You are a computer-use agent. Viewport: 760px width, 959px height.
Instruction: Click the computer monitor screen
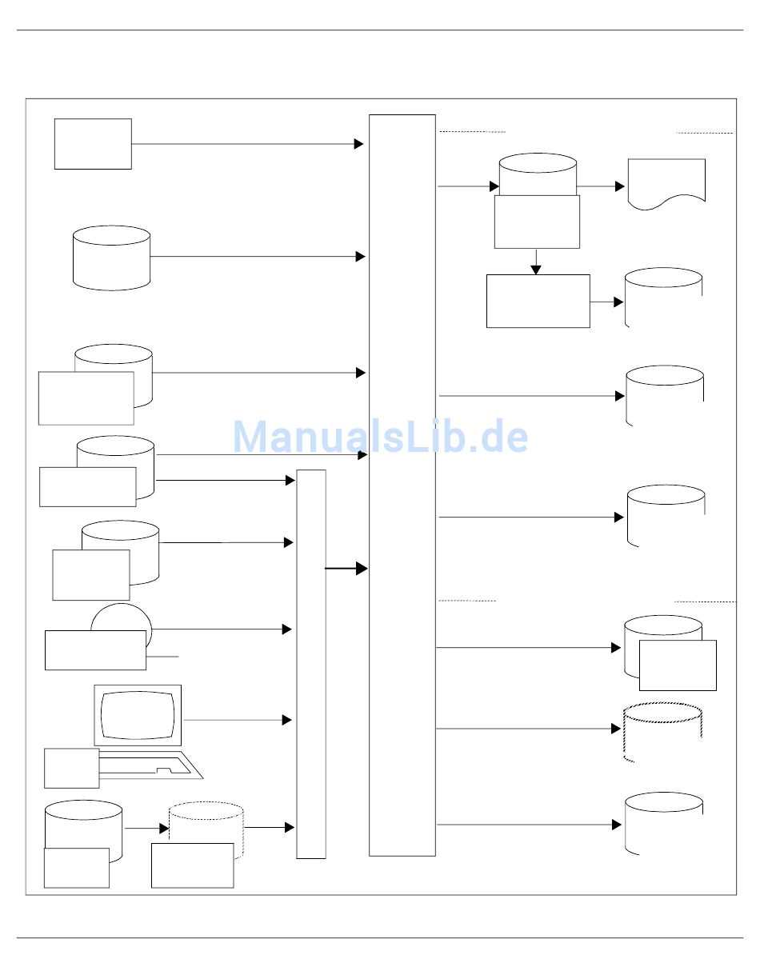click(x=138, y=714)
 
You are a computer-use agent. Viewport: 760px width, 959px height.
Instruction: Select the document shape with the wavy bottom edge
click(x=666, y=183)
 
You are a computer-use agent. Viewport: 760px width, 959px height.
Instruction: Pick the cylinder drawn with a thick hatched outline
click(x=662, y=732)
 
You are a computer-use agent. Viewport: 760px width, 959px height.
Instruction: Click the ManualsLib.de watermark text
click(x=380, y=438)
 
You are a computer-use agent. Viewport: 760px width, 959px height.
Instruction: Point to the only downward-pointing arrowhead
click(x=536, y=268)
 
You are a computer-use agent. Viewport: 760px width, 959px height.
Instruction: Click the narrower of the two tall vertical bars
click(x=311, y=664)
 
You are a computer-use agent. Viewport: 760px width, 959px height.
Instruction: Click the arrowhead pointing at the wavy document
click(x=620, y=186)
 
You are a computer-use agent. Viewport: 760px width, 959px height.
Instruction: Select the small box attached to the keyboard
click(x=71, y=768)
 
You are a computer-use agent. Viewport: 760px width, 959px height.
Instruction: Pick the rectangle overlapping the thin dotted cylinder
click(x=192, y=865)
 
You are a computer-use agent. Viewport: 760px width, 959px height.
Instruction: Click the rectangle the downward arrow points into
click(x=538, y=301)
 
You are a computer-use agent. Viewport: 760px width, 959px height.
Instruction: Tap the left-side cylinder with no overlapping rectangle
click(x=111, y=258)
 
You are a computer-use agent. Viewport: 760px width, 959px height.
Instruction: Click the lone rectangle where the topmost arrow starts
click(x=93, y=144)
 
